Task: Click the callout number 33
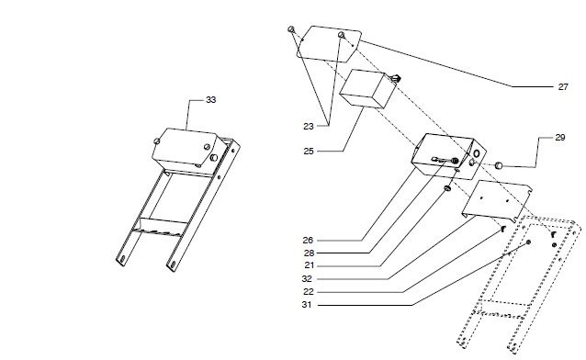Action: point(211,98)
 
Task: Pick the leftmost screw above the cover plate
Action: point(291,29)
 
